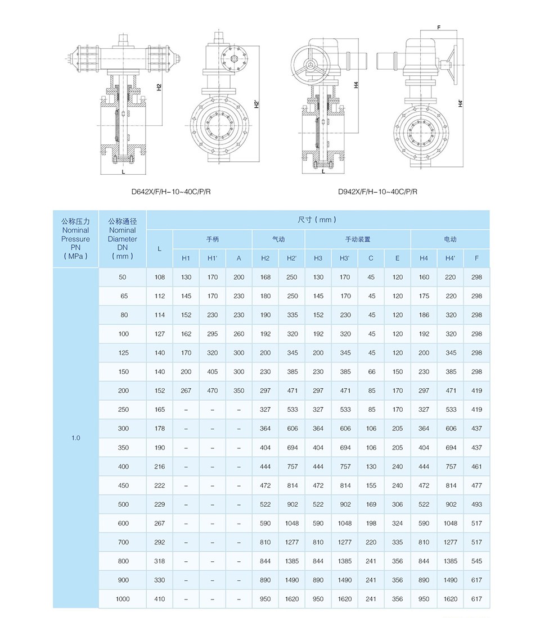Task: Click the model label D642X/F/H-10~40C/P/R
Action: (x=171, y=192)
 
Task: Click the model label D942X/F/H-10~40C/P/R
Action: (x=377, y=192)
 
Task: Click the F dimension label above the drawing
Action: (x=439, y=26)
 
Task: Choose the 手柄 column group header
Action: (x=212, y=239)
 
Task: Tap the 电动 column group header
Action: (x=450, y=239)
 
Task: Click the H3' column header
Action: (x=345, y=258)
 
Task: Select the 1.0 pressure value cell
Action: (x=76, y=438)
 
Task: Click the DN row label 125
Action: (x=123, y=353)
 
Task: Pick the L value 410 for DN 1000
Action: (x=160, y=599)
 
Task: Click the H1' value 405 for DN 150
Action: (x=212, y=372)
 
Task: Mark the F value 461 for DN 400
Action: (x=477, y=467)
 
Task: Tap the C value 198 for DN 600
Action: (x=371, y=524)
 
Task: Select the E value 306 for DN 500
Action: (x=398, y=505)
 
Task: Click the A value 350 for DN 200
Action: (x=238, y=391)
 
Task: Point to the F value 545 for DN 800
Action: (x=477, y=561)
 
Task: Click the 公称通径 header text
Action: (x=123, y=221)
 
